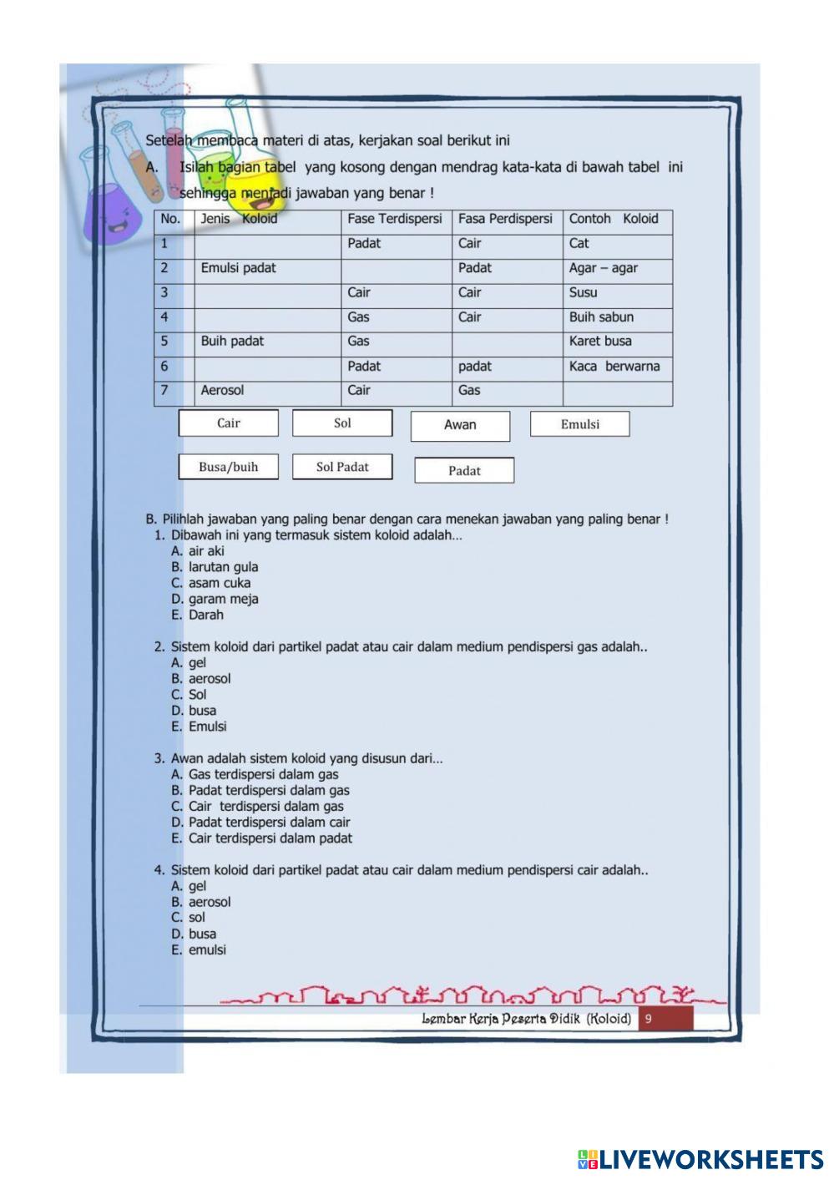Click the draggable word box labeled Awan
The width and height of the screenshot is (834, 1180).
point(460,426)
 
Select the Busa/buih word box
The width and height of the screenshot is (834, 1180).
point(228,467)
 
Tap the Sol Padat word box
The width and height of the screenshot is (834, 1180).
point(342,467)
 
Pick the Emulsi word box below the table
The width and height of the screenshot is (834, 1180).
point(579,424)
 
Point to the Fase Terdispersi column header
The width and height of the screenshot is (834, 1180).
point(395,220)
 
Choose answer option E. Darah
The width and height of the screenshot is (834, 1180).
point(205,615)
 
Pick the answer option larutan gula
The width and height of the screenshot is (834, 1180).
point(222,567)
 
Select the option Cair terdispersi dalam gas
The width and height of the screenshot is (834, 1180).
point(265,807)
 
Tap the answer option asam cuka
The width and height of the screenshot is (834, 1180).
point(219,583)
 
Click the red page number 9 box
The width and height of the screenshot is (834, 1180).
point(665,1019)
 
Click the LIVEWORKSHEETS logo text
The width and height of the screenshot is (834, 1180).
point(710,1159)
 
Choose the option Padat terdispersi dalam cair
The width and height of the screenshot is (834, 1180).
point(269,823)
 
